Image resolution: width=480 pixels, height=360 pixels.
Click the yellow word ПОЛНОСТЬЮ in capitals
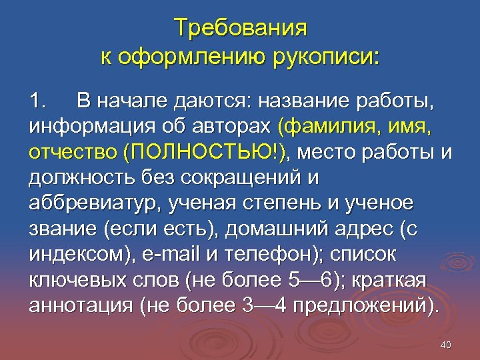(x=203, y=153)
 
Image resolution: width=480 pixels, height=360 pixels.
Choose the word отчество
(x=73, y=153)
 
